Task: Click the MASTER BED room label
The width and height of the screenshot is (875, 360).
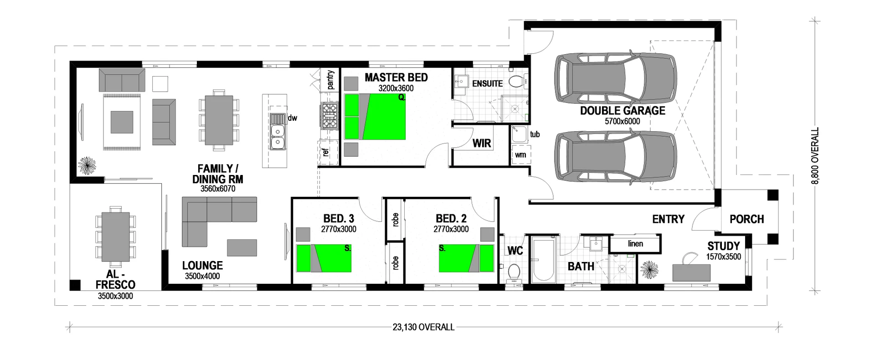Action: (x=396, y=77)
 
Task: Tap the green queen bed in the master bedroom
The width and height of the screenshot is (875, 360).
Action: (x=375, y=117)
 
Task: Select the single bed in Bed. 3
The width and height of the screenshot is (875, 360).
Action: (x=324, y=258)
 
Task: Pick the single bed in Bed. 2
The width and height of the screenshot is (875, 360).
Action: (x=466, y=258)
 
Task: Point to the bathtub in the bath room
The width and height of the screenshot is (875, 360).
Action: (x=543, y=260)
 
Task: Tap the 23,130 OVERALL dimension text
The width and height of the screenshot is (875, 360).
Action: (x=423, y=327)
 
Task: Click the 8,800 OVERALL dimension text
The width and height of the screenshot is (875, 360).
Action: (x=815, y=156)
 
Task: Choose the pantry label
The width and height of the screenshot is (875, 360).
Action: (x=330, y=80)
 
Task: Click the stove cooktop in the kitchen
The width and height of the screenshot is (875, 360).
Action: (x=329, y=116)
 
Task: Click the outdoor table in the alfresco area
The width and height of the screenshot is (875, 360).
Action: (x=115, y=237)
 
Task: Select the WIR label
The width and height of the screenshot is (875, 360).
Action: (x=482, y=143)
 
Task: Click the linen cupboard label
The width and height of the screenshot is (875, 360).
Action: (x=635, y=244)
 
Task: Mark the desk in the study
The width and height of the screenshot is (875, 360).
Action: (x=691, y=272)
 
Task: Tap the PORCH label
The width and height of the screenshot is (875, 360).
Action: (x=746, y=219)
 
